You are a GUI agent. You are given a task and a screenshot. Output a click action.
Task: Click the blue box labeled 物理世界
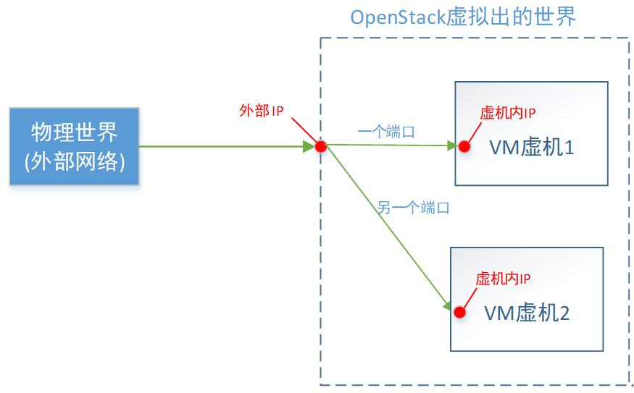point(73,147)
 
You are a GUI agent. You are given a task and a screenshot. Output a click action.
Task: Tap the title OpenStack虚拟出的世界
point(464,17)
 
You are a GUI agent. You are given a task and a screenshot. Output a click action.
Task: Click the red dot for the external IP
point(321,147)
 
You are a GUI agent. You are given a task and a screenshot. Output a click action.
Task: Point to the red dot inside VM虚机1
point(464,146)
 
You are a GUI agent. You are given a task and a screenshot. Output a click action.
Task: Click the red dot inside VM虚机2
point(459,312)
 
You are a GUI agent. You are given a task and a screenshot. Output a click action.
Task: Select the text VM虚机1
point(532,148)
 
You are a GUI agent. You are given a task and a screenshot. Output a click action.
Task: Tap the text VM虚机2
point(527,313)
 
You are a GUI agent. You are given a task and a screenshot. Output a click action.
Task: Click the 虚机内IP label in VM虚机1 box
point(507,113)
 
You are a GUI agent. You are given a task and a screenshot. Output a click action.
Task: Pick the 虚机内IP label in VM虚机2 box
point(504,279)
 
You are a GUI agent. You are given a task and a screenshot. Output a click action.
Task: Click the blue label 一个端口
point(387,132)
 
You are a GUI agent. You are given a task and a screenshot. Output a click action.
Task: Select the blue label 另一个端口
point(414,208)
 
